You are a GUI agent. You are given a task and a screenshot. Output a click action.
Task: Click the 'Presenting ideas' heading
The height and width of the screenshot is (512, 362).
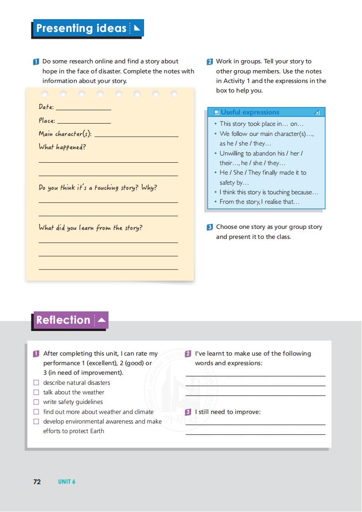[81, 28]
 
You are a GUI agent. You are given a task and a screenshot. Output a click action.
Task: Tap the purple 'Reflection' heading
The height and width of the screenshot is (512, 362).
[63, 320]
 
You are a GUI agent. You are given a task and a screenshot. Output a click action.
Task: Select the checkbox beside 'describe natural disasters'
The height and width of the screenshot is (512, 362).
[36, 383]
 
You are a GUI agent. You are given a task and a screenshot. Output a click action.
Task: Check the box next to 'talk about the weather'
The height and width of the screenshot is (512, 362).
[36, 393]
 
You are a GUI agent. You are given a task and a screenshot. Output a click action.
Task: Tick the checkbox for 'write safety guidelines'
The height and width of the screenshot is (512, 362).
[36, 402]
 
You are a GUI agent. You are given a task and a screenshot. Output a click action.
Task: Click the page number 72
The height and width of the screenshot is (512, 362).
[37, 481]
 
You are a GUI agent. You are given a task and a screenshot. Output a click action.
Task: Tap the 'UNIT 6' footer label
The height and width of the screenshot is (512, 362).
[67, 481]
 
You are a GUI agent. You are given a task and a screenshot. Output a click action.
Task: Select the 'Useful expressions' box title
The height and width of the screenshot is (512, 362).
[250, 112]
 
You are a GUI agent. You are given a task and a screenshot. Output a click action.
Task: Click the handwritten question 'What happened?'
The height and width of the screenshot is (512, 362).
[62, 147]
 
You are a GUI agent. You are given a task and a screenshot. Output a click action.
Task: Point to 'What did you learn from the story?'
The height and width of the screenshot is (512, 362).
[90, 228]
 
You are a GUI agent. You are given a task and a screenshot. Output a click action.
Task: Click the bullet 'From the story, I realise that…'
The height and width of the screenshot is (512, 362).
[259, 202]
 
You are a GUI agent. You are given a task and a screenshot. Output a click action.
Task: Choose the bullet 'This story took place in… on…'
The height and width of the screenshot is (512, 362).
[261, 124]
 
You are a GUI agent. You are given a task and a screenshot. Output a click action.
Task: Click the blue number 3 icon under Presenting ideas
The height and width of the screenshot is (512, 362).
[210, 227]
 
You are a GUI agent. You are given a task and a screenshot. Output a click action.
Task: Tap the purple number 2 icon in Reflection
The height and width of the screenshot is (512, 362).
[188, 354]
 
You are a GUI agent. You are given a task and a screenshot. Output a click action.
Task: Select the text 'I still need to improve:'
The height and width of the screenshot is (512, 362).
[228, 412]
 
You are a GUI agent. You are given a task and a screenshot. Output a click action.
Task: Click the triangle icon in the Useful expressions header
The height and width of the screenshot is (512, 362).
[317, 112]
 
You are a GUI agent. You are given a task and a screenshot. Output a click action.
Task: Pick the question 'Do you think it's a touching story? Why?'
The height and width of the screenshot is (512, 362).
[98, 187]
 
